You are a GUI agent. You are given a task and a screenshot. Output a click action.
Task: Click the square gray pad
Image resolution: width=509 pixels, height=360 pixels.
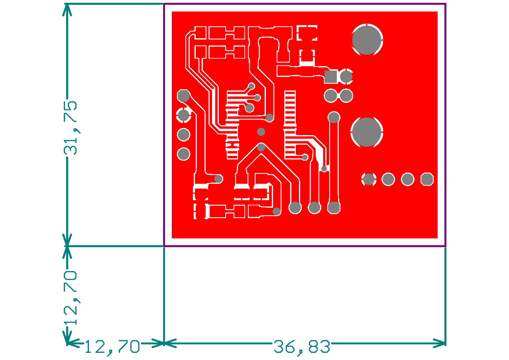click(330, 77)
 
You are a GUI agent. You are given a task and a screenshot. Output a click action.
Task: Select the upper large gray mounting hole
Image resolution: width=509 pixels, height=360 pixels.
click(367, 40)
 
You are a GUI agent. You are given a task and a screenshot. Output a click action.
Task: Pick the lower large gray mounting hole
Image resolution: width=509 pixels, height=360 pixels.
click(367, 132)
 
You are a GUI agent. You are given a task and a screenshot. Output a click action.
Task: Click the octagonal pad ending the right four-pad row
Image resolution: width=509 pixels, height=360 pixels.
click(427, 179)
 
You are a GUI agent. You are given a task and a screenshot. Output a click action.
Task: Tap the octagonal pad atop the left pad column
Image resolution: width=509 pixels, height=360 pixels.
click(183, 96)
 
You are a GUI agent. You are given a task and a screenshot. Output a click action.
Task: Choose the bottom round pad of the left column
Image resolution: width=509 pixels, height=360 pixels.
click(184, 154)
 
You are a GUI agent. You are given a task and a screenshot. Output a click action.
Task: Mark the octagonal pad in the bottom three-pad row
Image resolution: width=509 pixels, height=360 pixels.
click(334, 207)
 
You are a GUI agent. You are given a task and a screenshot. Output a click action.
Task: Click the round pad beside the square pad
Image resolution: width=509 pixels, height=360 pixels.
click(346, 77)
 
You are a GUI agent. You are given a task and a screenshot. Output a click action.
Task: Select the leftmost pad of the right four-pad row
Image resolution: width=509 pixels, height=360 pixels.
click(369, 179)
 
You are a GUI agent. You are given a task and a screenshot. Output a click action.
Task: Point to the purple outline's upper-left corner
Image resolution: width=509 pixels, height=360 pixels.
click(164, 4)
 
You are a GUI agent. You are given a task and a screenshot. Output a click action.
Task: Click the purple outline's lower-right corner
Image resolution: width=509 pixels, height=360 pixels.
click(445, 246)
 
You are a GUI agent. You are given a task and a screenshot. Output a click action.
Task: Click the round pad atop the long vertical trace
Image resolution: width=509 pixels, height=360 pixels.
click(334, 117)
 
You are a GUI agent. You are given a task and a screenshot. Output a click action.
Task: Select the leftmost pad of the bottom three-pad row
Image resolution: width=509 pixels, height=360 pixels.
click(295, 207)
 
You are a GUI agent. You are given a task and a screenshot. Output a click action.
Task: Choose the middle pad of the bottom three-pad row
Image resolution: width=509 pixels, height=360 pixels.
click(314, 207)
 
